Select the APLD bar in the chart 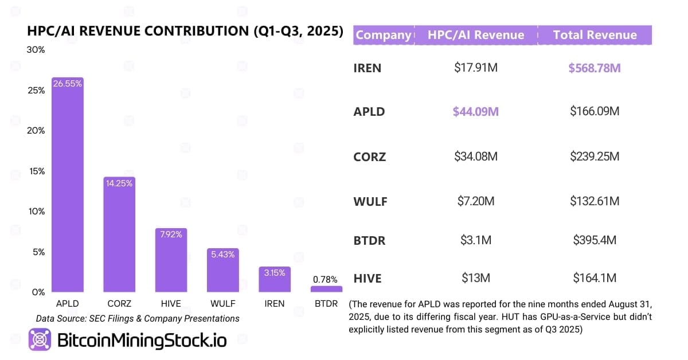tap(68, 189)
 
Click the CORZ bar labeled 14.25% tap(119, 238)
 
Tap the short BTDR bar tap(327, 289)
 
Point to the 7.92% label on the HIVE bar tap(171, 234)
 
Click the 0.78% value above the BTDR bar tap(326, 280)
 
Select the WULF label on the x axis tap(222, 303)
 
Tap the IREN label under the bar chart tap(274, 303)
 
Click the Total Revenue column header tap(595, 35)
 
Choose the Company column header tap(383, 35)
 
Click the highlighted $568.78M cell tap(595, 68)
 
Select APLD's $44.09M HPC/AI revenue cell tap(475, 111)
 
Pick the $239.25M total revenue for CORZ tap(595, 156)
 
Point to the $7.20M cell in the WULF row tap(475, 201)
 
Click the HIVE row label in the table tap(368, 279)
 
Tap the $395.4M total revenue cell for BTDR tap(595, 240)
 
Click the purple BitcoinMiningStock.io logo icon tap(40, 340)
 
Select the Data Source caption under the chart tap(138, 318)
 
